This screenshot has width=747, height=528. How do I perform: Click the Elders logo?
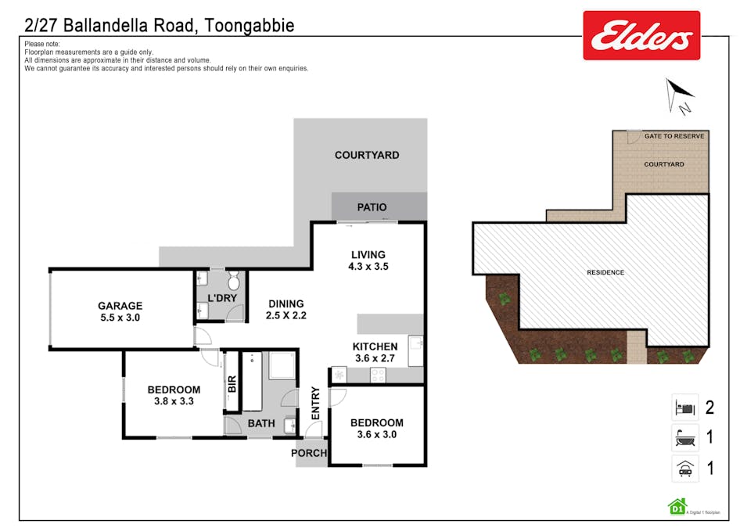pyautogui.click(x=641, y=35)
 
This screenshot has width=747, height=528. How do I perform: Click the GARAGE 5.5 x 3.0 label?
pyautogui.click(x=120, y=311)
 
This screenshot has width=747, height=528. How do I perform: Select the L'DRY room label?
pyautogui.click(x=221, y=299)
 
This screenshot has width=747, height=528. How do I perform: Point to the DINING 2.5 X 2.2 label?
pyautogui.click(x=286, y=310)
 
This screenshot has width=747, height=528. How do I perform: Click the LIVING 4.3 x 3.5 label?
pyautogui.click(x=368, y=260)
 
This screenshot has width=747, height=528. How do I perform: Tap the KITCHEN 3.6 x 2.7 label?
pyautogui.click(x=375, y=352)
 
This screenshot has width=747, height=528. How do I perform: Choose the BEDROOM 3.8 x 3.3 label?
pyautogui.click(x=174, y=395)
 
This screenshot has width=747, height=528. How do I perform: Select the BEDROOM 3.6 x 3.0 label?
pyautogui.click(x=376, y=429)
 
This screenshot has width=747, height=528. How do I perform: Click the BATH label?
pyautogui.click(x=261, y=424)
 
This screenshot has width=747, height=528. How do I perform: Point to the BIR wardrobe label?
pyautogui.click(x=232, y=384)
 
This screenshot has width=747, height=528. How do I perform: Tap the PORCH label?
pyautogui.click(x=308, y=453)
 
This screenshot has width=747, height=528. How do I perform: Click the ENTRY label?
pyautogui.click(x=316, y=403)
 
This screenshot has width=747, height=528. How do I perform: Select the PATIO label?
pyautogui.click(x=372, y=207)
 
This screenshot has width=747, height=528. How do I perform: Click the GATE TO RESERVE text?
pyautogui.click(x=674, y=136)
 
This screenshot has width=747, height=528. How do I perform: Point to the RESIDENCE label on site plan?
pyautogui.click(x=605, y=272)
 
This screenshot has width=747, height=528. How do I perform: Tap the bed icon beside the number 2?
pyautogui.click(x=684, y=408)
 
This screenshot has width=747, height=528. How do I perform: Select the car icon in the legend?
pyautogui.click(x=684, y=469)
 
